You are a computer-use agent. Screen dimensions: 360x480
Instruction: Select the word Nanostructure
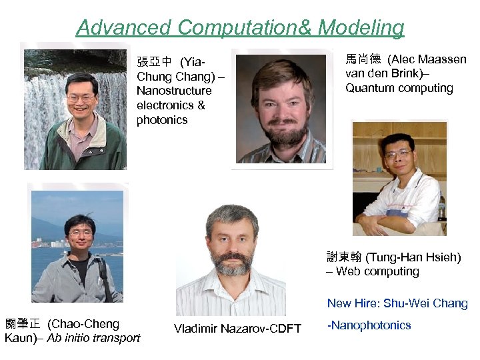pos(174,91)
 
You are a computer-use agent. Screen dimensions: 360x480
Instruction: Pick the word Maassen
pos(443,59)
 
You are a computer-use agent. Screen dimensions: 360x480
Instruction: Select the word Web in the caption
pos(350,271)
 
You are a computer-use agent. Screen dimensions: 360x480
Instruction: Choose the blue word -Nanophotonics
pos(369,325)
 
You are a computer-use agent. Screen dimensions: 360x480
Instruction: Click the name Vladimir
pos(196,328)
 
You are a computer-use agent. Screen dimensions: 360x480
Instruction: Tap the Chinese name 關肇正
pos(22,324)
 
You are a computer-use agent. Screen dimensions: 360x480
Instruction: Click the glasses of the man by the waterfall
pos(81,98)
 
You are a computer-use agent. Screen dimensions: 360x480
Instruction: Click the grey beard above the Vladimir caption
pos(231,263)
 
